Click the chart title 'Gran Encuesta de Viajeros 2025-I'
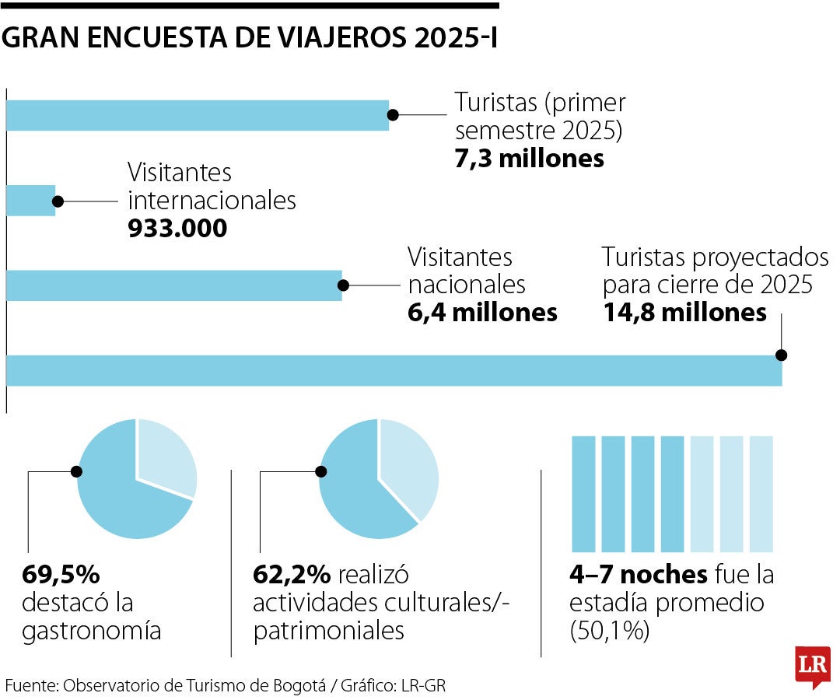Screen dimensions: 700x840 coord(250,38)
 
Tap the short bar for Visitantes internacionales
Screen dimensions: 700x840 coord(30,201)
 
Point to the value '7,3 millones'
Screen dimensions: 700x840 coord(529,159)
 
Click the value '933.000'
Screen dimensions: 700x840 coord(177,229)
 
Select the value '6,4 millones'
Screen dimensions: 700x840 coord(482,313)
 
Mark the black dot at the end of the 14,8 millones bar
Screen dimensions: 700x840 coord(781,355)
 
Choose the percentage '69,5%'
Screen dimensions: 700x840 coord(61,576)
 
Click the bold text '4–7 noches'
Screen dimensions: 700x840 coord(638,576)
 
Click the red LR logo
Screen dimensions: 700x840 coord(812,666)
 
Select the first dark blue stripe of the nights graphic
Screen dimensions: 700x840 coord(583,494)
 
